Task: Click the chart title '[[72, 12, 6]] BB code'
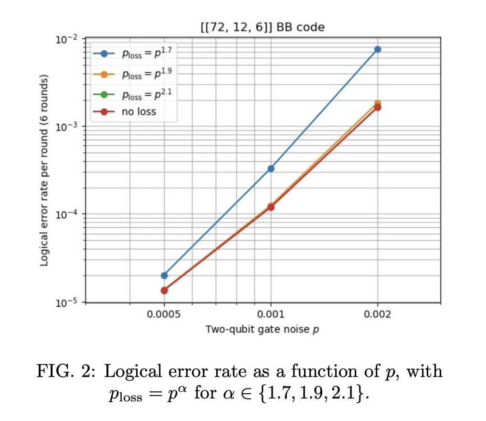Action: tap(262, 27)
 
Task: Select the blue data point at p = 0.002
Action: tap(378, 49)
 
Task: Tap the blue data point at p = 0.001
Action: tap(271, 168)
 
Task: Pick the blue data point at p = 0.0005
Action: tap(164, 276)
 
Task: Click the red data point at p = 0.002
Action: tap(378, 107)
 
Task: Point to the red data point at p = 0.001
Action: tap(271, 207)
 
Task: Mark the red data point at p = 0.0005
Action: tap(164, 290)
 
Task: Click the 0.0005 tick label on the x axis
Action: tap(164, 314)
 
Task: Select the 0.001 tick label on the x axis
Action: tap(271, 314)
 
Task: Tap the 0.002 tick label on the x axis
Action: tap(378, 314)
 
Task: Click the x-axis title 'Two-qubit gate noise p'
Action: tap(262, 330)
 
